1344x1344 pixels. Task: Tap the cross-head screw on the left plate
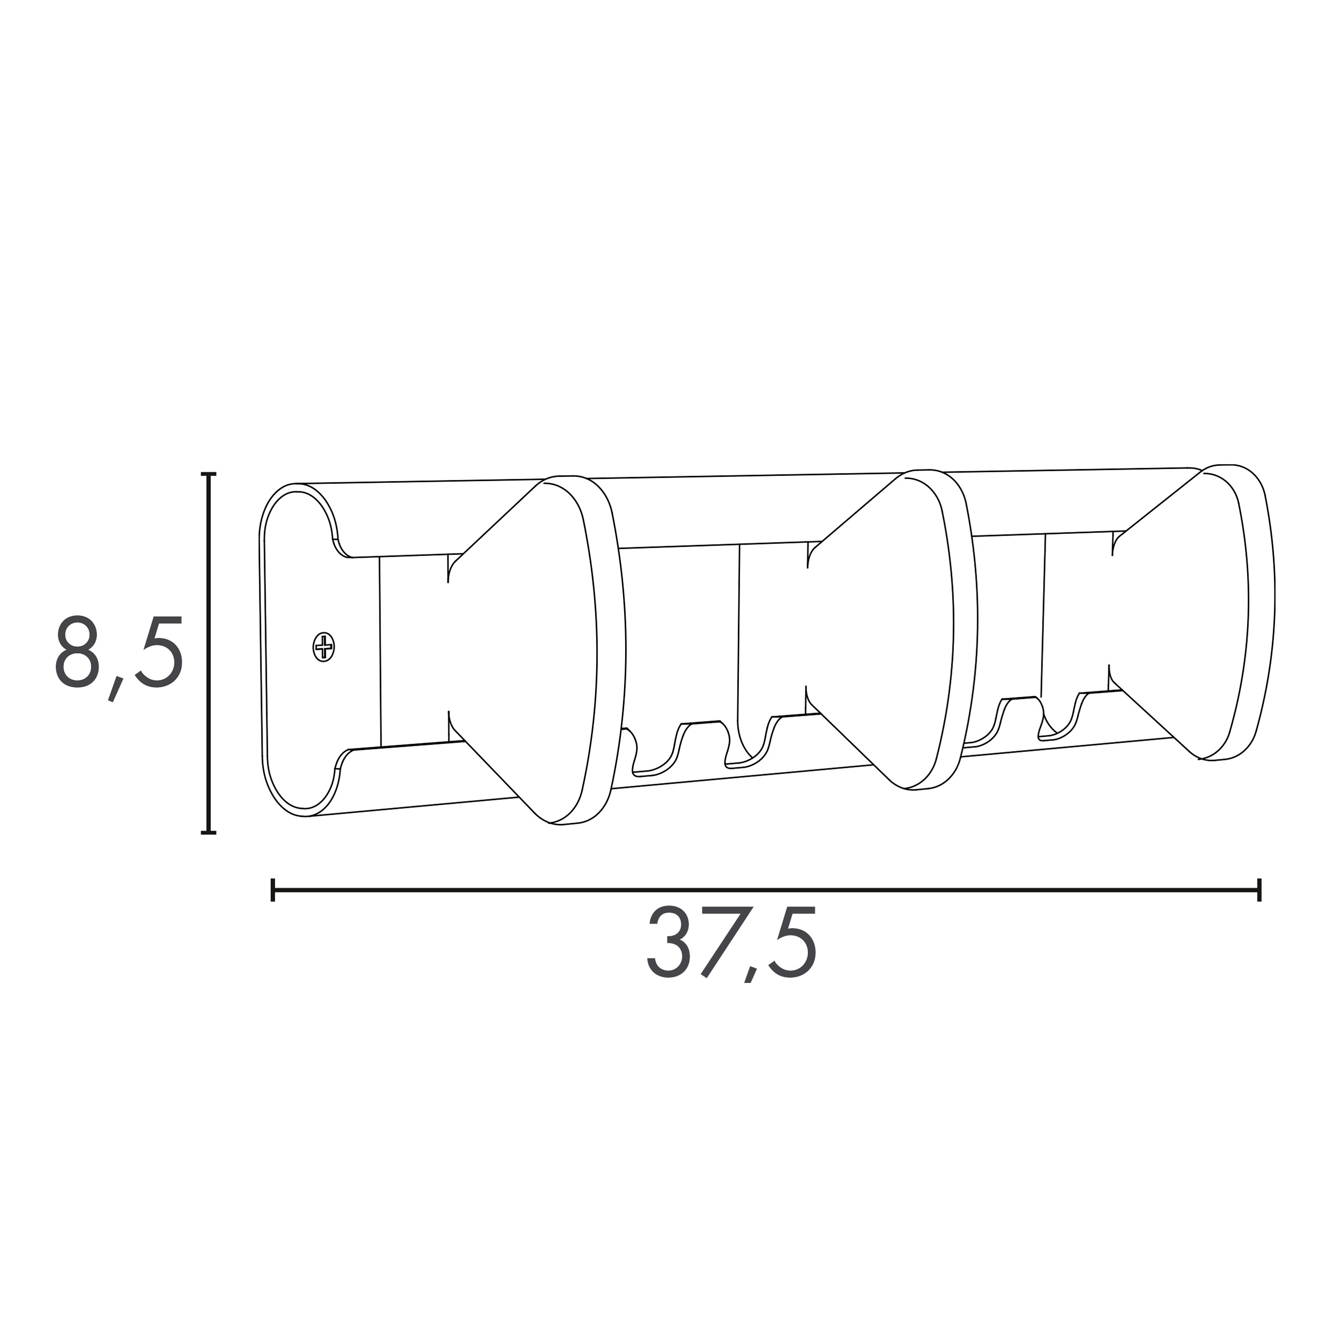[x=324, y=647]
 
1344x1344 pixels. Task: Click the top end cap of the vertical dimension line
[x=208, y=474]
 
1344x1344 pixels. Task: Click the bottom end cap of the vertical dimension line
[x=208, y=832]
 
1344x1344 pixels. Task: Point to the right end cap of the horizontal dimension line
[x=1259, y=890]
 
